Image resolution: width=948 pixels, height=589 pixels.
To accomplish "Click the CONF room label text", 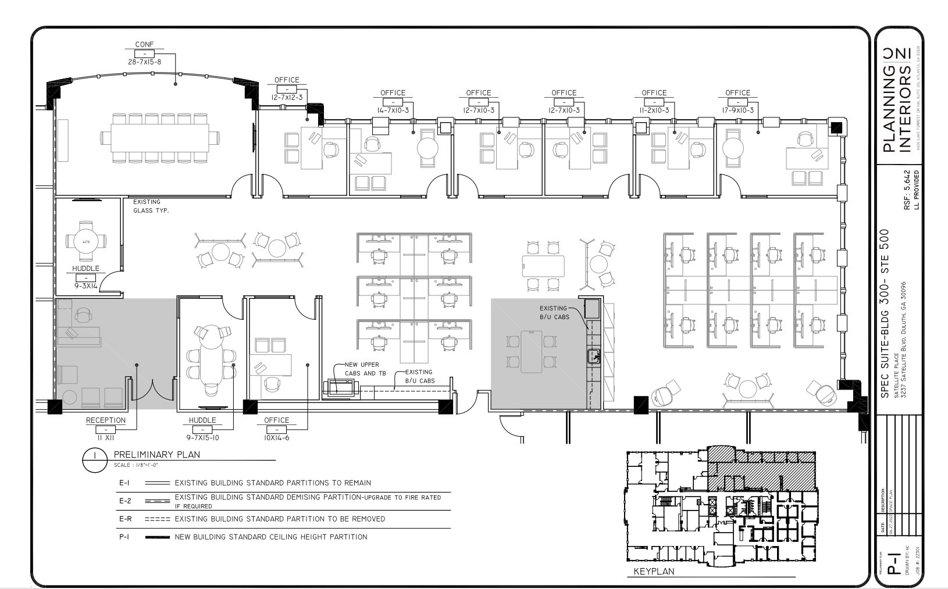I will click(144, 44).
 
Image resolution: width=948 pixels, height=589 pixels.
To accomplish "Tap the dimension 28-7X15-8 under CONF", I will click(144, 62).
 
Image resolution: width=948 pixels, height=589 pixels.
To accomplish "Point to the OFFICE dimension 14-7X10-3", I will click(393, 110).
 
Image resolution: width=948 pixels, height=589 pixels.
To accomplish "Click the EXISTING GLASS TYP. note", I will click(151, 206).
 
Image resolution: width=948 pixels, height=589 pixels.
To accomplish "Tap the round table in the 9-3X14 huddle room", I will click(85, 241).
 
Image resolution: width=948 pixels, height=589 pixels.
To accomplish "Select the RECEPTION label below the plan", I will click(105, 420).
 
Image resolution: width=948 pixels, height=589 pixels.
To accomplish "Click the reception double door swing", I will click(152, 390).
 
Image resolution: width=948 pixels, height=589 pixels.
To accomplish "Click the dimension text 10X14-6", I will click(276, 438).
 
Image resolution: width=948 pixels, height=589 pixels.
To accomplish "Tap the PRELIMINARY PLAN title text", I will click(156, 455).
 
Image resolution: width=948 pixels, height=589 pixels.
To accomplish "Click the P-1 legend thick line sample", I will click(157, 537).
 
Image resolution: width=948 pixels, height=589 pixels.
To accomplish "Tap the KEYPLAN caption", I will click(654, 572).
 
